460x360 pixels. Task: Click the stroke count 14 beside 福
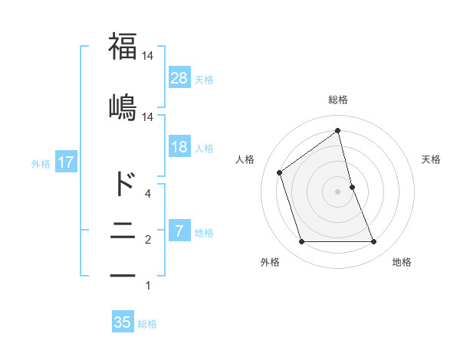(x=148, y=57)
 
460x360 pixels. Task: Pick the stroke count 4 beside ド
(x=148, y=194)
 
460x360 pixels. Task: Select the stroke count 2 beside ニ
(x=148, y=241)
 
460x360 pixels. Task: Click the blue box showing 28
(x=179, y=77)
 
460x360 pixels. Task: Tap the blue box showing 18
(x=179, y=147)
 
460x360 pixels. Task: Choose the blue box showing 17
(x=65, y=162)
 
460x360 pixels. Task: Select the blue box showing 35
(x=123, y=322)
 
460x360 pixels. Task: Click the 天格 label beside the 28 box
(x=204, y=79)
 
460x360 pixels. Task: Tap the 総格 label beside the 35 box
(x=147, y=324)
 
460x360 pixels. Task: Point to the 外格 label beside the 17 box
(x=41, y=164)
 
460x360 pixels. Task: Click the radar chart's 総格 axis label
(x=338, y=100)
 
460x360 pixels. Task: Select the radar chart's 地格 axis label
(x=402, y=263)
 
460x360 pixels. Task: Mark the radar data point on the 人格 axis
(x=280, y=172)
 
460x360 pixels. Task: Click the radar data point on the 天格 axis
(x=352, y=187)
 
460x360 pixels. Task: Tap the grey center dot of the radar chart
(x=338, y=191)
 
